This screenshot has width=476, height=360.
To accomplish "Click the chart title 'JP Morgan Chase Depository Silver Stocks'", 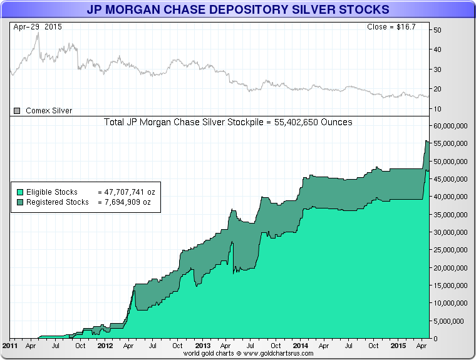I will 237,9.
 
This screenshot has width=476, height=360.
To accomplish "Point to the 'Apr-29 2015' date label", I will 37,28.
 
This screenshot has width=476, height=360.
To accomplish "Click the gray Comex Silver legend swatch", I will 18,111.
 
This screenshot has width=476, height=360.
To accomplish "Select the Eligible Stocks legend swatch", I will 20,192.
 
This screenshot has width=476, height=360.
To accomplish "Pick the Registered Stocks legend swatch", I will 20,202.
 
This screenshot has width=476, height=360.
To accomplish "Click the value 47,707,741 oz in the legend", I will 129,192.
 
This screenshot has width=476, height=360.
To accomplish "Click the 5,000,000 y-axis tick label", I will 450,321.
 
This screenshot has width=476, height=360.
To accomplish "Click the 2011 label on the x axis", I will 10,345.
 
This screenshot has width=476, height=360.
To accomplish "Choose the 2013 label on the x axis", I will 202,345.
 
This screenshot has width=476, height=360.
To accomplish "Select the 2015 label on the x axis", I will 396,345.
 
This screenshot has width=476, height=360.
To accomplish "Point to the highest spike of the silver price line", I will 38,33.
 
